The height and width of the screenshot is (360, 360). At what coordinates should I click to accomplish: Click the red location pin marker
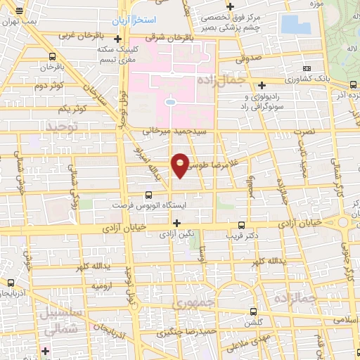180,165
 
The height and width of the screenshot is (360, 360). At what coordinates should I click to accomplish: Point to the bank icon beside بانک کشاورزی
306,67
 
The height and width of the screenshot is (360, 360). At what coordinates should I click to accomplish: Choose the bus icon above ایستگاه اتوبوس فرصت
148,195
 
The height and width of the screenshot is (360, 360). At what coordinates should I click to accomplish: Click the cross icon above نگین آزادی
176,222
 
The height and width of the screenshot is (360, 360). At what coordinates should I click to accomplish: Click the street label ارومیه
101,287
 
